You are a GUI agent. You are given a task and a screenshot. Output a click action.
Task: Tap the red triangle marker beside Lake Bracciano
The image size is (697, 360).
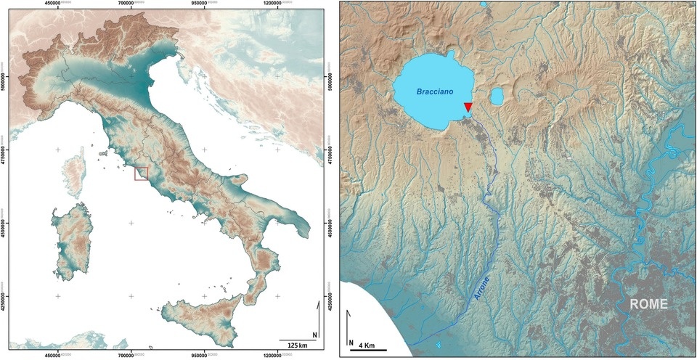click(468, 108)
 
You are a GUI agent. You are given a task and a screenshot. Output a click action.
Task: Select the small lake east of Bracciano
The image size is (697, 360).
click(497, 97)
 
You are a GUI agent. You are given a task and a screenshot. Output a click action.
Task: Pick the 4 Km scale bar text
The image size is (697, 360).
click(367, 344)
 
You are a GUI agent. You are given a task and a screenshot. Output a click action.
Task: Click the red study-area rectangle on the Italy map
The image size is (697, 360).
click(141, 173)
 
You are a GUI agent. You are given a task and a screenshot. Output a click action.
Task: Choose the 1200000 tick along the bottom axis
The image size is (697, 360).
click(281, 356)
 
